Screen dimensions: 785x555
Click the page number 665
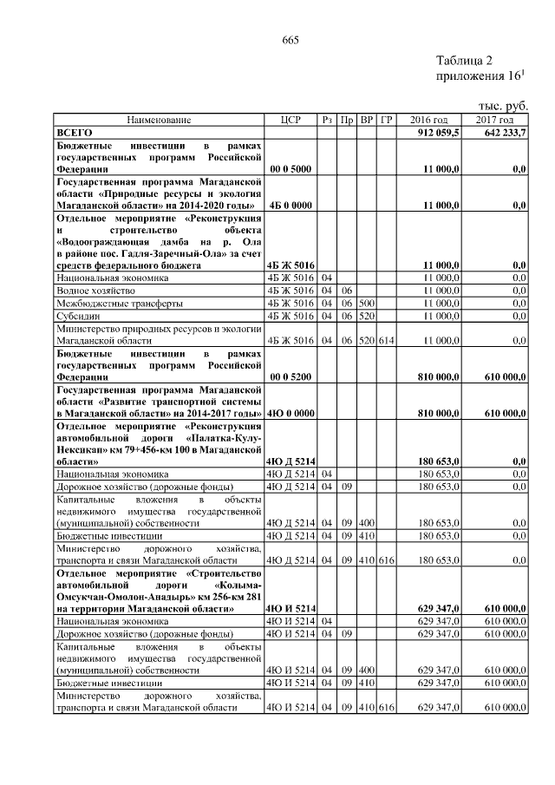click(x=291, y=39)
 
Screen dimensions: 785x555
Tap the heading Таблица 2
click(x=464, y=61)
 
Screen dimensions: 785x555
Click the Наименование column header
click(x=159, y=120)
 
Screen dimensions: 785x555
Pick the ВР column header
click(x=366, y=120)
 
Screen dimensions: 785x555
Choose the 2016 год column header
click(x=428, y=120)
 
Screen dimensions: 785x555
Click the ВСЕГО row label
click(x=75, y=131)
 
